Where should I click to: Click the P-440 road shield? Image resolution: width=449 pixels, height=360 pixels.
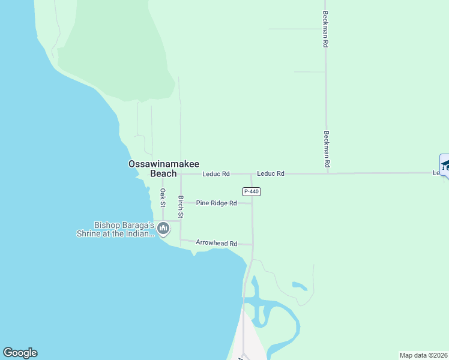point(252,191)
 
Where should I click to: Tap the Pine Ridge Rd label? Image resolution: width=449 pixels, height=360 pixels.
point(216,203)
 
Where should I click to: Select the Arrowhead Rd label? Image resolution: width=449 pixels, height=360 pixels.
point(217,244)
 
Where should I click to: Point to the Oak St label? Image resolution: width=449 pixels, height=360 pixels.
point(163,197)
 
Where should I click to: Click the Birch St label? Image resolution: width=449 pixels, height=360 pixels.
point(181,206)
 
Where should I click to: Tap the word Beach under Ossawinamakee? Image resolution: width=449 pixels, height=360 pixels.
point(163,174)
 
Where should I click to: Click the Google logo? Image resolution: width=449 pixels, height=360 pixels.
point(20,353)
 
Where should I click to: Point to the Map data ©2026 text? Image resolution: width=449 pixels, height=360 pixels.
point(424,355)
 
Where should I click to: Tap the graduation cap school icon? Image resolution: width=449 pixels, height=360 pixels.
point(445,164)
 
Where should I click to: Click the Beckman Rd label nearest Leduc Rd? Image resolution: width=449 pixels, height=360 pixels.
point(327,149)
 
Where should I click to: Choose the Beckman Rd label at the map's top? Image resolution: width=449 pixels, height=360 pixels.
point(325,29)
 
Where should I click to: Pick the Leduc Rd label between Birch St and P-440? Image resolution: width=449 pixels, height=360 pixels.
point(216,174)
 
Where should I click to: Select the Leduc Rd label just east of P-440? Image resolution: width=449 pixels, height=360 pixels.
point(270,173)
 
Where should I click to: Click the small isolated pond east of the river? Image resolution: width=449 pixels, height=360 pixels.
point(300,286)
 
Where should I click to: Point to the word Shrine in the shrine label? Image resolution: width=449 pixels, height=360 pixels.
point(89,234)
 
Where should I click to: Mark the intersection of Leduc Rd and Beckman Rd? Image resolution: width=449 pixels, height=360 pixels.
point(327,173)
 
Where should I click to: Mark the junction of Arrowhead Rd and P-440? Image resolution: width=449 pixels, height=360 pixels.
point(252,245)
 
